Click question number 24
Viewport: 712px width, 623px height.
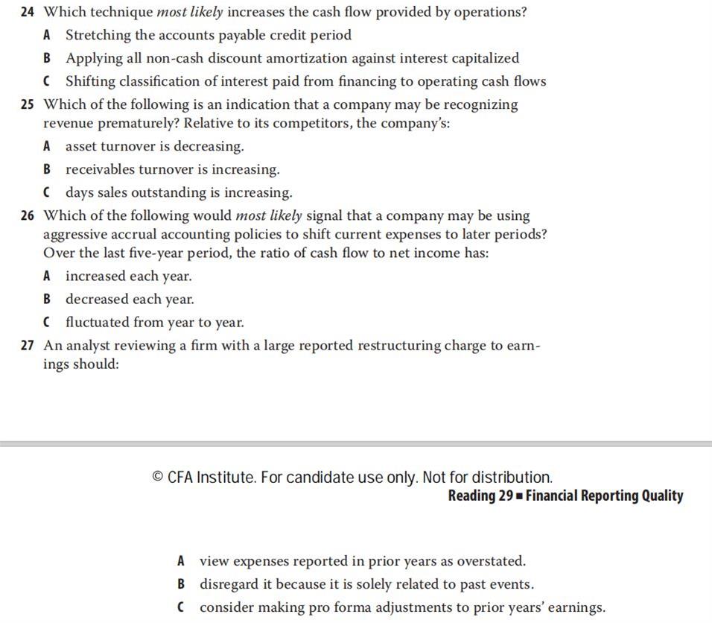[28, 13]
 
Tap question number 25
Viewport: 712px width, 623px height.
[28, 105]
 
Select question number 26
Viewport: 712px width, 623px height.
[28, 216]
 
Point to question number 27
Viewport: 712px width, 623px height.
[28, 346]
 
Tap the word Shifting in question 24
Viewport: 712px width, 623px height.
[90, 81]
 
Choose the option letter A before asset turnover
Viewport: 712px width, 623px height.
[47, 147]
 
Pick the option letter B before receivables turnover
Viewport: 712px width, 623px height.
[47, 170]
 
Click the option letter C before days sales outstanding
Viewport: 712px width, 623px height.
[47, 193]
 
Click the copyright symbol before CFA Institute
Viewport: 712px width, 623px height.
[157, 477]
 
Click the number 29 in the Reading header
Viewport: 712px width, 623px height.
[505, 496]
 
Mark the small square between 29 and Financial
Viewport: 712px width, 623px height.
[519, 496]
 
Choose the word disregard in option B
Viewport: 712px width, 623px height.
[229, 584]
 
